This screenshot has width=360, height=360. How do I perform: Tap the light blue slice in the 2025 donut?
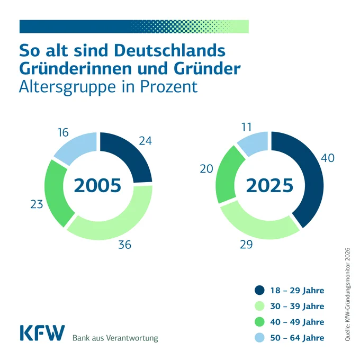pyautogui.click(x=254, y=143)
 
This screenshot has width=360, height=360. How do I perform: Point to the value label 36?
pyautogui.click(x=124, y=245)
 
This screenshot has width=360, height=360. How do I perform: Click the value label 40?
pyautogui.click(x=327, y=158)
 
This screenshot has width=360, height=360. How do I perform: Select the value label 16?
pyautogui.click(x=63, y=132)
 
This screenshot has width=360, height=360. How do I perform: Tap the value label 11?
pyautogui.click(x=247, y=127)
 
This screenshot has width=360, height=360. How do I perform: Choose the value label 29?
pyautogui.click(x=246, y=245)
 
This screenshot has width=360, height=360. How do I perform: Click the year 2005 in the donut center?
pyautogui.click(x=97, y=185)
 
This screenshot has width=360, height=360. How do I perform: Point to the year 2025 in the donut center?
pyautogui.click(x=269, y=185)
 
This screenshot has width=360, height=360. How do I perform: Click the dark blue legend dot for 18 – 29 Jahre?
pyautogui.click(x=259, y=290)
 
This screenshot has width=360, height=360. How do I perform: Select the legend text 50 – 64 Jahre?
pyautogui.click(x=297, y=338)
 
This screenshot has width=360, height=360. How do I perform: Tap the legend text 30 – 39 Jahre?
pyautogui.click(x=297, y=306)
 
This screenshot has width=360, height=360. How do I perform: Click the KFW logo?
pyautogui.click(x=42, y=333)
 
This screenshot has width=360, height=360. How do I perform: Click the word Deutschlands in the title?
pyautogui.click(x=169, y=50)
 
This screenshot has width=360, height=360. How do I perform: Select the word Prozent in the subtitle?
pyautogui.click(x=169, y=86)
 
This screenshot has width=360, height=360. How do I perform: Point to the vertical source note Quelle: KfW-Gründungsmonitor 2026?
pyautogui.click(x=347, y=294)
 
